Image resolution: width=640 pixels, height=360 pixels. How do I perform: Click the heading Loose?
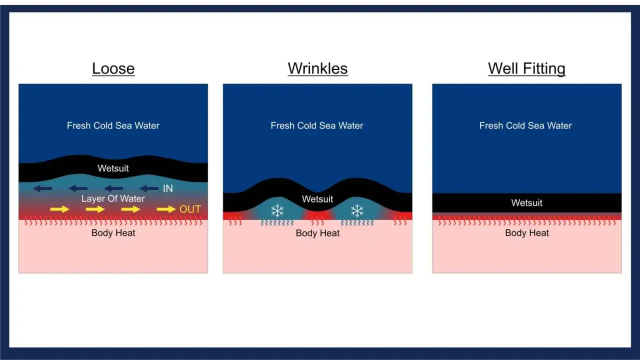(113, 68)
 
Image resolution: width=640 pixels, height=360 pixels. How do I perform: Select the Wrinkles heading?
(317, 68)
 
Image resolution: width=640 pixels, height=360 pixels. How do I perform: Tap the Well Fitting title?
(526, 69)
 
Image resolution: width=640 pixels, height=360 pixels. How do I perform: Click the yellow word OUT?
(190, 209)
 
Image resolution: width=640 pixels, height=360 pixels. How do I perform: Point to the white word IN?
(167, 188)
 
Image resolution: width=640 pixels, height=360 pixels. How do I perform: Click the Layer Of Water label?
(113, 198)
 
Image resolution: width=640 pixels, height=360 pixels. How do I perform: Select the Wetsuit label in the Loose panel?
(113, 168)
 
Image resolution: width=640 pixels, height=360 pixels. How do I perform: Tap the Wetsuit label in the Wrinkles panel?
(317, 199)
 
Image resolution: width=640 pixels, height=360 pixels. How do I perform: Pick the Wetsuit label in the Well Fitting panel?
(526, 202)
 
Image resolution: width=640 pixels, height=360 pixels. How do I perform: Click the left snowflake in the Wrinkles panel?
(277, 211)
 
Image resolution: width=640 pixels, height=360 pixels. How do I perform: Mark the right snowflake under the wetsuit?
(357, 211)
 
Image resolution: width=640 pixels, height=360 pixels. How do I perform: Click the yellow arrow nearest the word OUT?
(166, 209)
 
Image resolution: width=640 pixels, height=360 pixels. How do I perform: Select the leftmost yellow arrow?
(59, 209)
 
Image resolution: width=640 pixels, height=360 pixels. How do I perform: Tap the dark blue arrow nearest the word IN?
(149, 188)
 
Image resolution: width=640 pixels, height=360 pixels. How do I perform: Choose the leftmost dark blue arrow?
(42, 188)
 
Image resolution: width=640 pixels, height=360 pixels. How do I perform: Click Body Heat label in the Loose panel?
(113, 233)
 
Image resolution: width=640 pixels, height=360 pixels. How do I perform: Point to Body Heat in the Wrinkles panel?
(317, 233)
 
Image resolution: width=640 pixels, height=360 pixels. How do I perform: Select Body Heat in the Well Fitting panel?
(527, 233)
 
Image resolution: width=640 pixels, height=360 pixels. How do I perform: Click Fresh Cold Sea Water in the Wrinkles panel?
(317, 125)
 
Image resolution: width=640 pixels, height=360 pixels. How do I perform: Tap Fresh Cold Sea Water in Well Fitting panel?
(525, 125)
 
